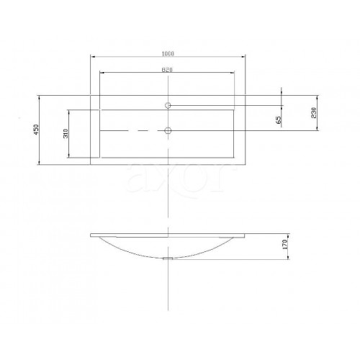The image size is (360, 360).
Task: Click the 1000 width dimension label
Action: tap(168, 53)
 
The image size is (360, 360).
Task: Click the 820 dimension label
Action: tap(167, 70)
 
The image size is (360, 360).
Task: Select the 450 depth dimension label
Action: tap(36, 130)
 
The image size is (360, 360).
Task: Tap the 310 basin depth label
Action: tap(66, 133)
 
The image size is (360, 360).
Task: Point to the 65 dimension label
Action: tap(279, 120)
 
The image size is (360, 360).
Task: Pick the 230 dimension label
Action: tap(314, 113)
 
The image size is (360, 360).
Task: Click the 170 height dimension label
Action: tap(285, 244)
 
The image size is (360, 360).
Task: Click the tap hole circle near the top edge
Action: tap(168, 105)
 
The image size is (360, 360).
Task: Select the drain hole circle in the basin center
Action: tap(168, 130)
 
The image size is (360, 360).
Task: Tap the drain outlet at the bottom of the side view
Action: tap(168, 258)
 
